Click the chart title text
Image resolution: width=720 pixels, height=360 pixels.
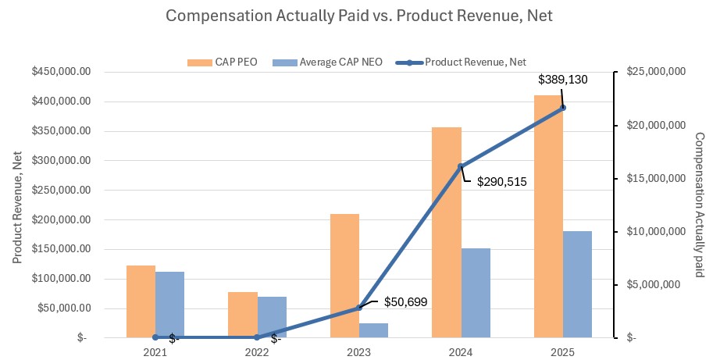tap(359, 15)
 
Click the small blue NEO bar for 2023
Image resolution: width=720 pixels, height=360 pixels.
tap(373, 330)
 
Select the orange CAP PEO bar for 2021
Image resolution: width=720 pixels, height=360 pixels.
tap(141, 301)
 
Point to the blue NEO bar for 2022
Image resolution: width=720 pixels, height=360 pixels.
tap(272, 317)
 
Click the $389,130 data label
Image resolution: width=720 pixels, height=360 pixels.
tap(563, 79)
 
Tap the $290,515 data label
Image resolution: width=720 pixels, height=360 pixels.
tap(502, 182)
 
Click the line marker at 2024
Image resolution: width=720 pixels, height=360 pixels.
tap(460, 166)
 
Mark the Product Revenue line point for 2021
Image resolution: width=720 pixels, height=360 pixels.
tap(155, 337)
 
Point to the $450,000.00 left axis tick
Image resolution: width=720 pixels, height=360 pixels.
tap(61, 72)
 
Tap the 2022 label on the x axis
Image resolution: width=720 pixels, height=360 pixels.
tap(257, 351)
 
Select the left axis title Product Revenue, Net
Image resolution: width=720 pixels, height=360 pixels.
tap(17, 205)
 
